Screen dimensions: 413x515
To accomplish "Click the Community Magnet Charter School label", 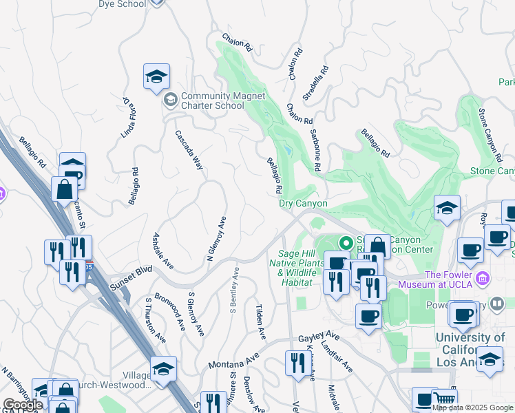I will coord(213,100).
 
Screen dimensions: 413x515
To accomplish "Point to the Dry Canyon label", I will coord(303,204).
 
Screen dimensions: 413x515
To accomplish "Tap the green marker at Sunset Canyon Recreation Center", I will coord(346,243).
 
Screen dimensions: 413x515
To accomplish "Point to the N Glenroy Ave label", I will coord(217,240).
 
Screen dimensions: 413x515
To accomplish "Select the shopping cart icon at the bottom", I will coord(443,399).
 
